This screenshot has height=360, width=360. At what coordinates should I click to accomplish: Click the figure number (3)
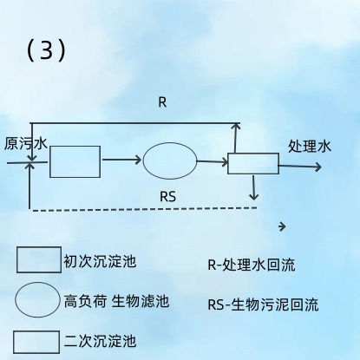46,50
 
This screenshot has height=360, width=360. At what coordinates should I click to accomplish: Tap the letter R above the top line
162,102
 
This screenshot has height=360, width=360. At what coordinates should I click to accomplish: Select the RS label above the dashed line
167,197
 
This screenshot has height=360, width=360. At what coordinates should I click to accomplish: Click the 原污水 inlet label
26,143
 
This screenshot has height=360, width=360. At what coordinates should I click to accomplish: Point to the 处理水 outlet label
310,146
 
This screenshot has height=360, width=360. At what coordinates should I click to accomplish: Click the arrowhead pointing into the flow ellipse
138,160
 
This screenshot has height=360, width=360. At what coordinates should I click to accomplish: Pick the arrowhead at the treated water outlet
318,167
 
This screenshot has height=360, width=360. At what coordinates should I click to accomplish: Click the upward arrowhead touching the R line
236,126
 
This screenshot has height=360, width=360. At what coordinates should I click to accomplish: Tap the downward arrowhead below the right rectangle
253,197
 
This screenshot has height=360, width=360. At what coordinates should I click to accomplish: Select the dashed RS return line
145,209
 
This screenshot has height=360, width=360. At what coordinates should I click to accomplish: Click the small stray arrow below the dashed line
282,226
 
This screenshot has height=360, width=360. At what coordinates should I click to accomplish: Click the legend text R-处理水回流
252,265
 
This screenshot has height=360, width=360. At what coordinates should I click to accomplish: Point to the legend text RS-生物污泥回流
263,304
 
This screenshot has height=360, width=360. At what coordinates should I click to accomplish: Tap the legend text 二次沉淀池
100,341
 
